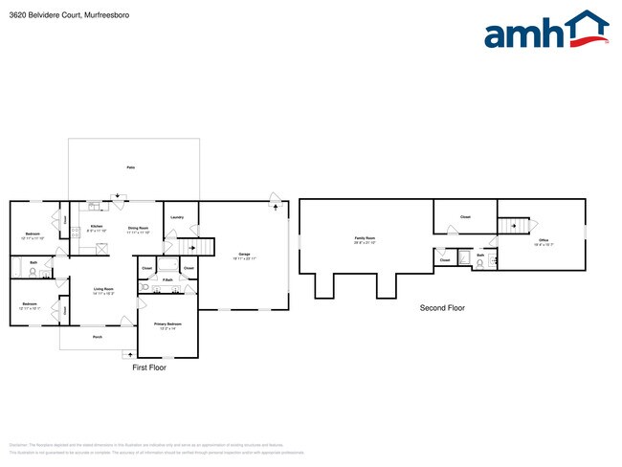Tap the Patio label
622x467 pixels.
(x=131, y=167)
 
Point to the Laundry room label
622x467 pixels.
(x=177, y=217)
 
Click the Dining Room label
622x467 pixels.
(x=138, y=228)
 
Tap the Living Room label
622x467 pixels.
(x=103, y=290)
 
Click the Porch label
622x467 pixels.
(x=97, y=337)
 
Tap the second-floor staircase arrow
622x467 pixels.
(x=511, y=226)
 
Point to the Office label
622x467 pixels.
(x=543, y=240)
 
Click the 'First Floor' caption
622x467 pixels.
(x=149, y=367)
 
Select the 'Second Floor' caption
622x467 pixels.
(x=442, y=307)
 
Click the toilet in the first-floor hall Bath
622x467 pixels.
(x=33, y=272)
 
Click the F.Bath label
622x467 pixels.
(x=167, y=279)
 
